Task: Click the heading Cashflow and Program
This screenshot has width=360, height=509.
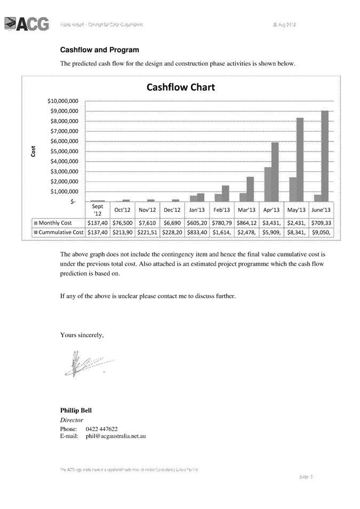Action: pos(100,50)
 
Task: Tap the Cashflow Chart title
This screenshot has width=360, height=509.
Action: pos(181,88)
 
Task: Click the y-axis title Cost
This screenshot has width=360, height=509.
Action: pos(33,151)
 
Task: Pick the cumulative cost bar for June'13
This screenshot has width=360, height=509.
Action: pos(324,156)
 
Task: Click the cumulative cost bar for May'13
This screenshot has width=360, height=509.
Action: pos(300,160)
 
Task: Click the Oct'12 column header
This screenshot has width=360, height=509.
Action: pos(123,210)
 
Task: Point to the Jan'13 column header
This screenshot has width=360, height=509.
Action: pos(196,210)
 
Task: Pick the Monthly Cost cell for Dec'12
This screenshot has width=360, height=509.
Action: pos(171,223)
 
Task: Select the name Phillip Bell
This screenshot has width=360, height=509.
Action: pos(76,410)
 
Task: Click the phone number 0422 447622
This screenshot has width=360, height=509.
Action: pos(101,428)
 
